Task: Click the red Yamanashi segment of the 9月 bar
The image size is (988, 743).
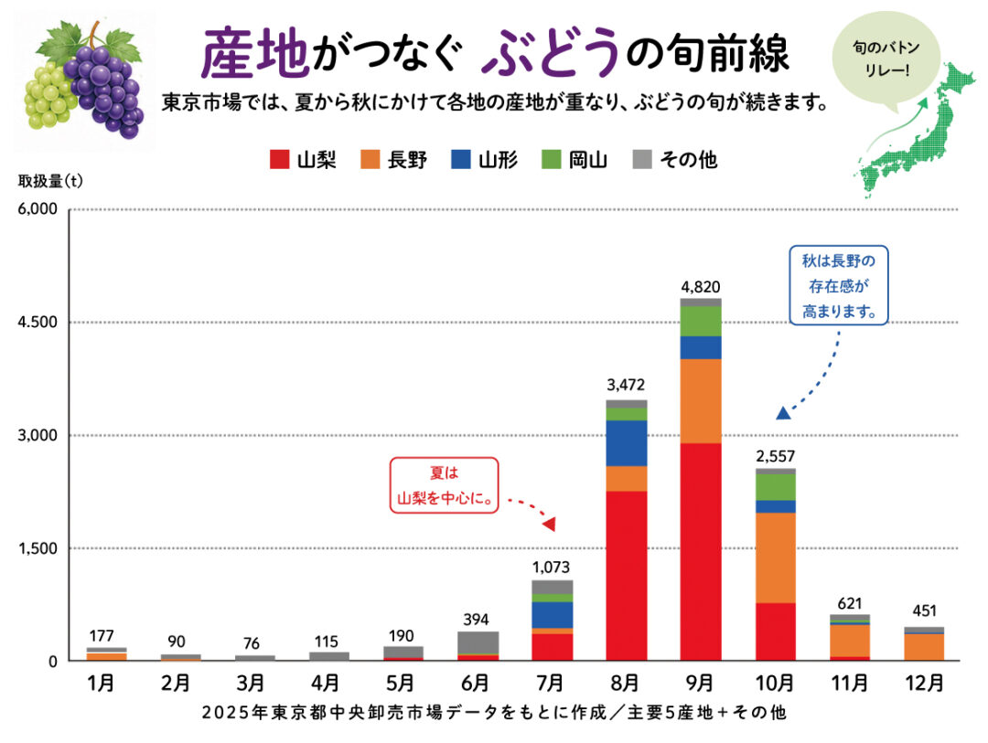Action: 701,552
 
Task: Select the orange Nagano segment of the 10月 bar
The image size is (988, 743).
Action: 775,557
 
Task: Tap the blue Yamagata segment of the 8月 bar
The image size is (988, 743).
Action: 627,443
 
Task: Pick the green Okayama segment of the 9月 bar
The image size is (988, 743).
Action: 701,321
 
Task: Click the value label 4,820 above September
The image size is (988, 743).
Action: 701,287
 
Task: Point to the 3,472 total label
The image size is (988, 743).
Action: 626,385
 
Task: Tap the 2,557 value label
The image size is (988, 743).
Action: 776,456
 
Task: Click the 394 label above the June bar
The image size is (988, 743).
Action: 476,620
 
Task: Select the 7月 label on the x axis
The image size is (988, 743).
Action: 551,683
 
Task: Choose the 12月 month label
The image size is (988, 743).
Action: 924,683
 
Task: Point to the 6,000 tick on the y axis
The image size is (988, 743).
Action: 38,209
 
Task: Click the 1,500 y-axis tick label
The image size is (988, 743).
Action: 38,548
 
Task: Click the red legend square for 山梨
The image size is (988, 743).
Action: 279,159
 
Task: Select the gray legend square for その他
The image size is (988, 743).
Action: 642,159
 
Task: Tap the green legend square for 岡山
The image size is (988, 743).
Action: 552,159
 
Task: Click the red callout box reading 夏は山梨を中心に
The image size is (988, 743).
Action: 445,485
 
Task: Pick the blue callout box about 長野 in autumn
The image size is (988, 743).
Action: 839,285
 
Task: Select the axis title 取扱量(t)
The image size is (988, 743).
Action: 50,181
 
